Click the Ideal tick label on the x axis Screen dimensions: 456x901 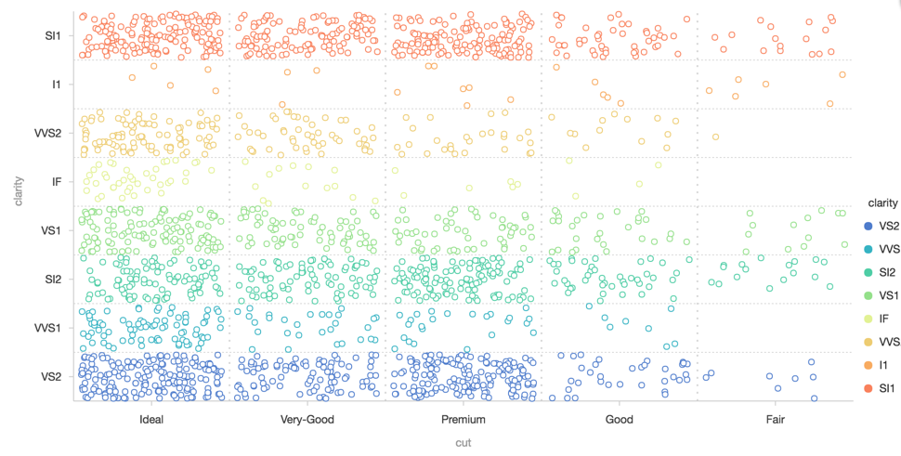click(151, 420)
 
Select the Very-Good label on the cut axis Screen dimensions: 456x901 click(307, 420)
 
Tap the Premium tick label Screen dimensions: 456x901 click(464, 420)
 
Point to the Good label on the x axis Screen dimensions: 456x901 click(619, 420)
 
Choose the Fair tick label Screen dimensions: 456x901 click(775, 420)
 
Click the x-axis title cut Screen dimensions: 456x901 click(463, 443)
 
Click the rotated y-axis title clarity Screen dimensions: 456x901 click(18, 182)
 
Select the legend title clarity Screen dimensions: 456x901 click(877, 202)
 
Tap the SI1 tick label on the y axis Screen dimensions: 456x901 click(52, 36)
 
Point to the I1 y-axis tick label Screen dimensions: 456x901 click(57, 85)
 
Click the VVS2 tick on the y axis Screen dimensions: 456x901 click(48, 133)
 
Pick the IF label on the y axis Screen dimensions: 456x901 click(57, 181)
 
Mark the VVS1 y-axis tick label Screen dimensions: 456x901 click(48, 328)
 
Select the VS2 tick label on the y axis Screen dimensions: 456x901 click(52, 376)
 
